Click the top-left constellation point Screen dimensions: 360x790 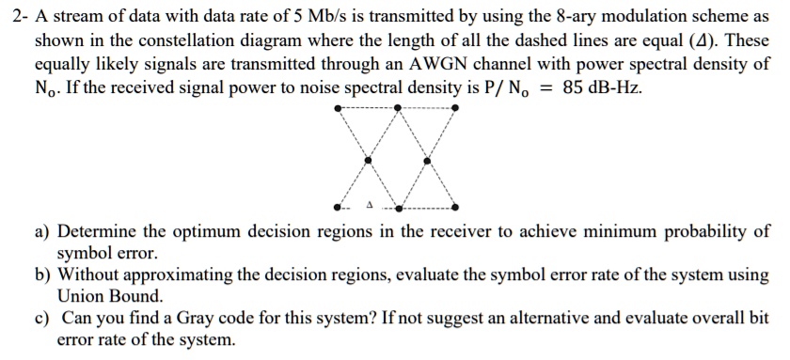click(x=339, y=108)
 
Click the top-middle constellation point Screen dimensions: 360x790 click(x=398, y=108)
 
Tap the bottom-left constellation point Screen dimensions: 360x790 click(x=339, y=207)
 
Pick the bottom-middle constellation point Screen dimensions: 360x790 click(x=398, y=207)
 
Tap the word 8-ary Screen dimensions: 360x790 click(x=552, y=21)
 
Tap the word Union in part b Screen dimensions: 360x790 click(x=84, y=296)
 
